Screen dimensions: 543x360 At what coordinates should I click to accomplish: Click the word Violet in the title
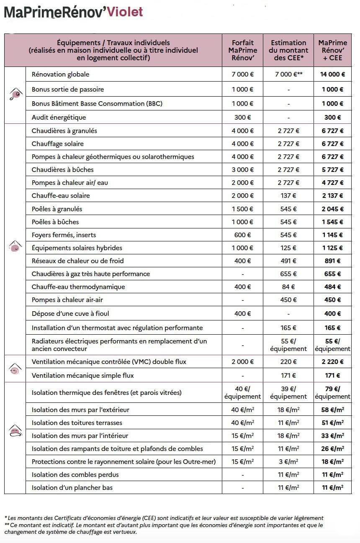point(125,12)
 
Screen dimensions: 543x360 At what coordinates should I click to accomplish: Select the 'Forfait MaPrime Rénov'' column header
point(243,50)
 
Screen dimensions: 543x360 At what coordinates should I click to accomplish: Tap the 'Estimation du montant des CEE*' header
point(288,50)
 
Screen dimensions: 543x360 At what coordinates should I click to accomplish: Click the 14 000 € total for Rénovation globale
point(332,74)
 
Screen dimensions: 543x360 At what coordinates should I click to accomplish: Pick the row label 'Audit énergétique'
point(59,118)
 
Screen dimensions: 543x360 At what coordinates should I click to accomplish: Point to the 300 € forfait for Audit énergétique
point(243,118)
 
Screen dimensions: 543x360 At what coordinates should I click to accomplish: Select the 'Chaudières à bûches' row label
point(63,170)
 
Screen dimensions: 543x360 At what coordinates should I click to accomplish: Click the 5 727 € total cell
point(332,170)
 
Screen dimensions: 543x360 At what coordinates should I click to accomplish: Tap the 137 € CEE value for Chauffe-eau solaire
point(288,196)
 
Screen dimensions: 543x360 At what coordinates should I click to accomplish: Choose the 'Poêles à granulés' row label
point(57,209)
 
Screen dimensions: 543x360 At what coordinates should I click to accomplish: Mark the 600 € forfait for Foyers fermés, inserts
point(243,235)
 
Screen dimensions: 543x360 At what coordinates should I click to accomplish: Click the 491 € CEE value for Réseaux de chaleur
point(288,261)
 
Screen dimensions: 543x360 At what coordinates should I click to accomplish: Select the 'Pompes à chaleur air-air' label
point(67,300)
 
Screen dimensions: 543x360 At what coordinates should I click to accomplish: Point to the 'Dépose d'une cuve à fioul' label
point(70,314)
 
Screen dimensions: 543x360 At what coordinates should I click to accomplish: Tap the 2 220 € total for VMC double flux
point(332,362)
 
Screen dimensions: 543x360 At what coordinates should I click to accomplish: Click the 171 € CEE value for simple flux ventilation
point(288,376)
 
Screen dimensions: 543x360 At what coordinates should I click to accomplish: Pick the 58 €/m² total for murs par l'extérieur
point(332,410)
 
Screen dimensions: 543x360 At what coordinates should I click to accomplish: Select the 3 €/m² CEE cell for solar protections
point(288,462)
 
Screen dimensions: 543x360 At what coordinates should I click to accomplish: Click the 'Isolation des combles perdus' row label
point(75,475)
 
